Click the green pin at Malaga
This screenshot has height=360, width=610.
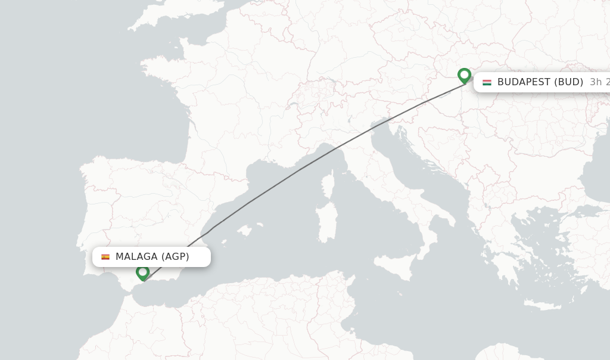[x=142, y=272]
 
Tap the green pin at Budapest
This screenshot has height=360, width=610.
[x=464, y=76]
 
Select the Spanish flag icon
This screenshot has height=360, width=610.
[x=105, y=257]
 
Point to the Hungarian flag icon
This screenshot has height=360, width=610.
[x=487, y=82]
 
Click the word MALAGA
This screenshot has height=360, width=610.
[x=136, y=257]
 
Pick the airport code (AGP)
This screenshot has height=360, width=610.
[x=175, y=257]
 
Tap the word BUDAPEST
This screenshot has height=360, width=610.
[x=524, y=82]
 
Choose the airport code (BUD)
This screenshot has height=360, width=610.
[x=568, y=82]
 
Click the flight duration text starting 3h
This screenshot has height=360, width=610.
[x=599, y=82]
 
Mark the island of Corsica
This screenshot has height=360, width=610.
[x=327, y=185]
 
